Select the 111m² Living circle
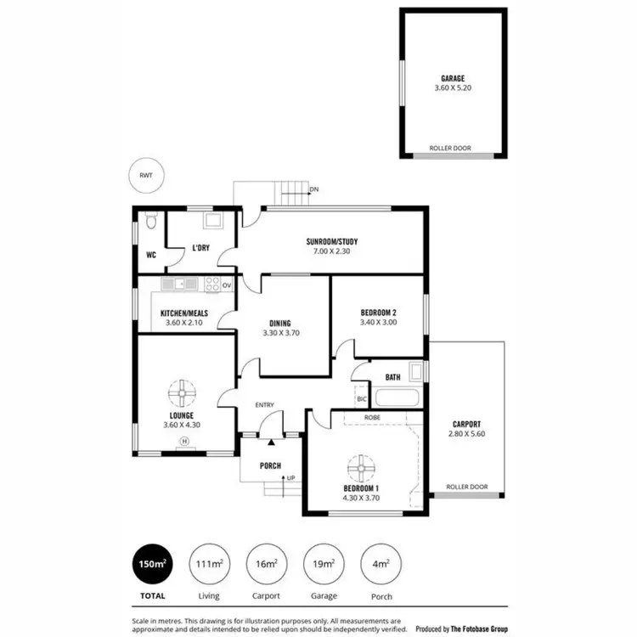point(209,563)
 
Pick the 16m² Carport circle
point(266,563)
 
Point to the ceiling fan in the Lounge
point(183,394)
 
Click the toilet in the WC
point(150,221)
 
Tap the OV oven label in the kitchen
point(227,285)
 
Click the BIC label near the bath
point(361,398)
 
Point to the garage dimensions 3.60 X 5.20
point(452,87)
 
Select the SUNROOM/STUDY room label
point(337,242)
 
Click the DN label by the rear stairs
point(313,189)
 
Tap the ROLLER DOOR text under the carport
point(466,487)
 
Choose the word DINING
point(280,323)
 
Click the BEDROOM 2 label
point(379,312)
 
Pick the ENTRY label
point(264,405)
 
